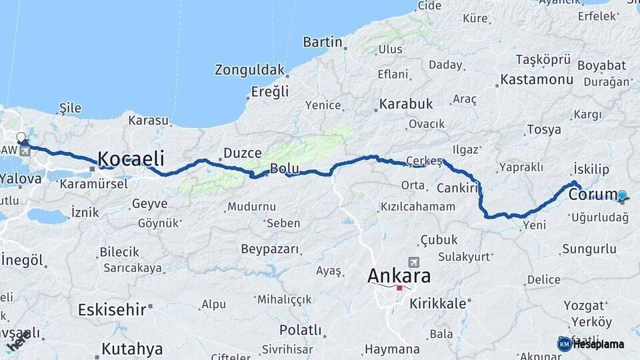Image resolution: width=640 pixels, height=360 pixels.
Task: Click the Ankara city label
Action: [399, 275]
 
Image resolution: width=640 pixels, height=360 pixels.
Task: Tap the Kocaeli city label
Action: [131, 159]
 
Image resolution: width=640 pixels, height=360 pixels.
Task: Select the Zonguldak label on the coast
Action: [249, 69]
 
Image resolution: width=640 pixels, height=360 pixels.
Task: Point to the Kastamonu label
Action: [537, 79]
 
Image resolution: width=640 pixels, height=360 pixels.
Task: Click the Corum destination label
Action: [591, 195]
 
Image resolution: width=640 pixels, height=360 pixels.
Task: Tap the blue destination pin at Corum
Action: [622, 195]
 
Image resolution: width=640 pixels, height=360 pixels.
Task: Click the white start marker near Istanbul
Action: [21, 137]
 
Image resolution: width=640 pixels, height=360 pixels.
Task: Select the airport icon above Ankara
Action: [414, 262]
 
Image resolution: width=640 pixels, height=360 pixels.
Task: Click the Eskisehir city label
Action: [111, 309]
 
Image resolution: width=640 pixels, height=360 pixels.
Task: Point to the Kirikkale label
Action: [438, 303]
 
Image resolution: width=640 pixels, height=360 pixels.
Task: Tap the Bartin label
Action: [323, 42]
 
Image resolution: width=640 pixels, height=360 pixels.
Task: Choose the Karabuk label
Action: [406, 104]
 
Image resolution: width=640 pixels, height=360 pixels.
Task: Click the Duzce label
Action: [243, 153]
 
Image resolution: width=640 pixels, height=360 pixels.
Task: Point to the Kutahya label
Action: [132, 349]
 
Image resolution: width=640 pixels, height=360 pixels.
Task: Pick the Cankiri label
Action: [458, 189]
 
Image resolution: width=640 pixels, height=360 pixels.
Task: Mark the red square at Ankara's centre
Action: [399, 288]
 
